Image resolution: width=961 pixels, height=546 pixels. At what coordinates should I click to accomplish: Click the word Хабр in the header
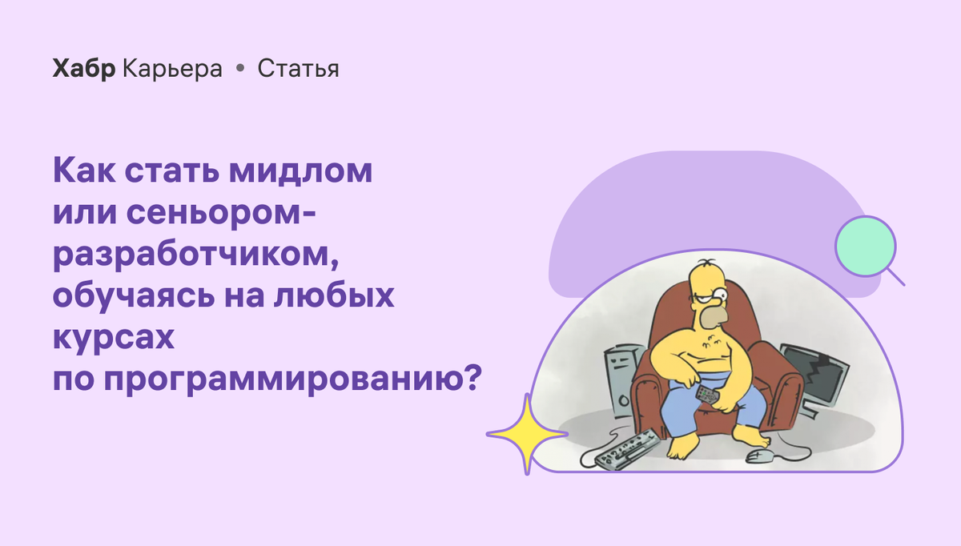click(x=84, y=69)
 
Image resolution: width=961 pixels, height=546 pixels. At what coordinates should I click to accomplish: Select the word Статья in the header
click(x=298, y=70)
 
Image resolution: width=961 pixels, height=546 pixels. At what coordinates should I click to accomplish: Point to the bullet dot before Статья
click(x=239, y=70)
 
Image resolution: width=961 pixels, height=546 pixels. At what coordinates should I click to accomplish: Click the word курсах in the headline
click(x=113, y=339)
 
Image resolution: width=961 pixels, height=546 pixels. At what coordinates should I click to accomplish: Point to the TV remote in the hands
click(x=707, y=393)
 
